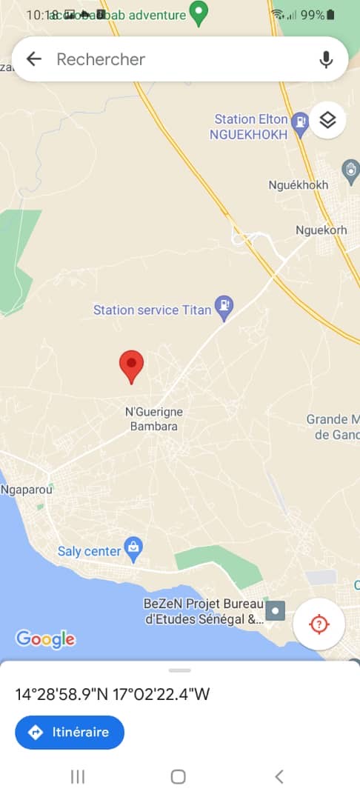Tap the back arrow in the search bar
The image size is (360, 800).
coord(33,59)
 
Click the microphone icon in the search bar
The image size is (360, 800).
coord(326,59)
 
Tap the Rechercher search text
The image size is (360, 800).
coord(101,59)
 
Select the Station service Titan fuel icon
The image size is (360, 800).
coord(224,304)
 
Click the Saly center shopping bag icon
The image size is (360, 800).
coord(133,548)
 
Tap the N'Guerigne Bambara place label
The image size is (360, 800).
coord(154,419)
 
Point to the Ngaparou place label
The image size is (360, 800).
coord(28,490)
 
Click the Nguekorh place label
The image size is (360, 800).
coord(321,230)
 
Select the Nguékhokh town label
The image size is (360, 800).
coord(299,184)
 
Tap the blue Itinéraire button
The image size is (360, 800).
coord(70,733)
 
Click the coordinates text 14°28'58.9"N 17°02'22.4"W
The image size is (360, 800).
coord(113,694)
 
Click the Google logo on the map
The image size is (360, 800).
coord(45,639)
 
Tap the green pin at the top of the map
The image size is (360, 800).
coord(199,12)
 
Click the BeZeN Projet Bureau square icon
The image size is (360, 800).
coord(276,610)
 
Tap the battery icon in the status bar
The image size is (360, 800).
coord(330,14)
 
